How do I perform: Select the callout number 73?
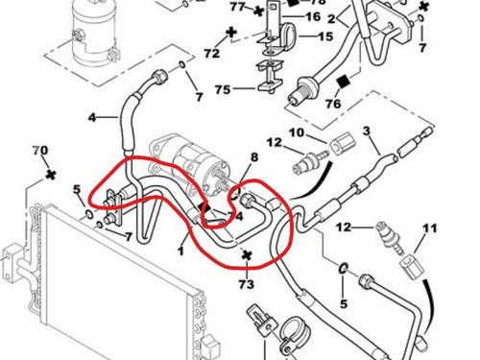tap(247, 284)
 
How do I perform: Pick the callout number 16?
tap(313, 17)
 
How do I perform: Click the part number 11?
tap(428, 228)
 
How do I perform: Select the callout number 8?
tap(254, 156)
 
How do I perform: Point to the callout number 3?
tap(366, 131)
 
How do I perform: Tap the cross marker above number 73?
tap(247, 255)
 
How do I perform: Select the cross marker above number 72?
tap(231, 33)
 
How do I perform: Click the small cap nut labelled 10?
tap(337, 145)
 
